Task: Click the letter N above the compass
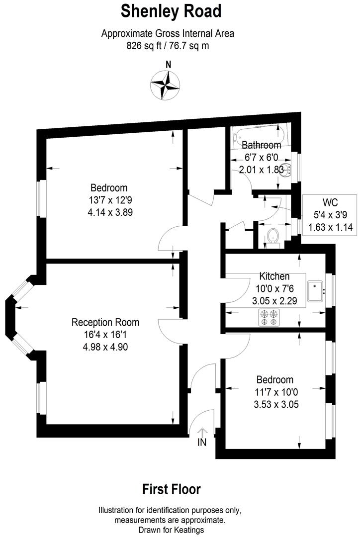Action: [168, 64]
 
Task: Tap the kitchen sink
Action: [316, 292]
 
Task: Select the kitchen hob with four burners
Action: [269, 318]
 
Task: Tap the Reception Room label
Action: [105, 322]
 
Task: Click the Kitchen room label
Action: [274, 276]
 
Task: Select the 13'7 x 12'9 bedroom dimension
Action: [108, 200]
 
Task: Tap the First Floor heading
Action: [172, 489]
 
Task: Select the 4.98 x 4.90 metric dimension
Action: [105, 347]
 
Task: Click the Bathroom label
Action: [261, 145]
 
